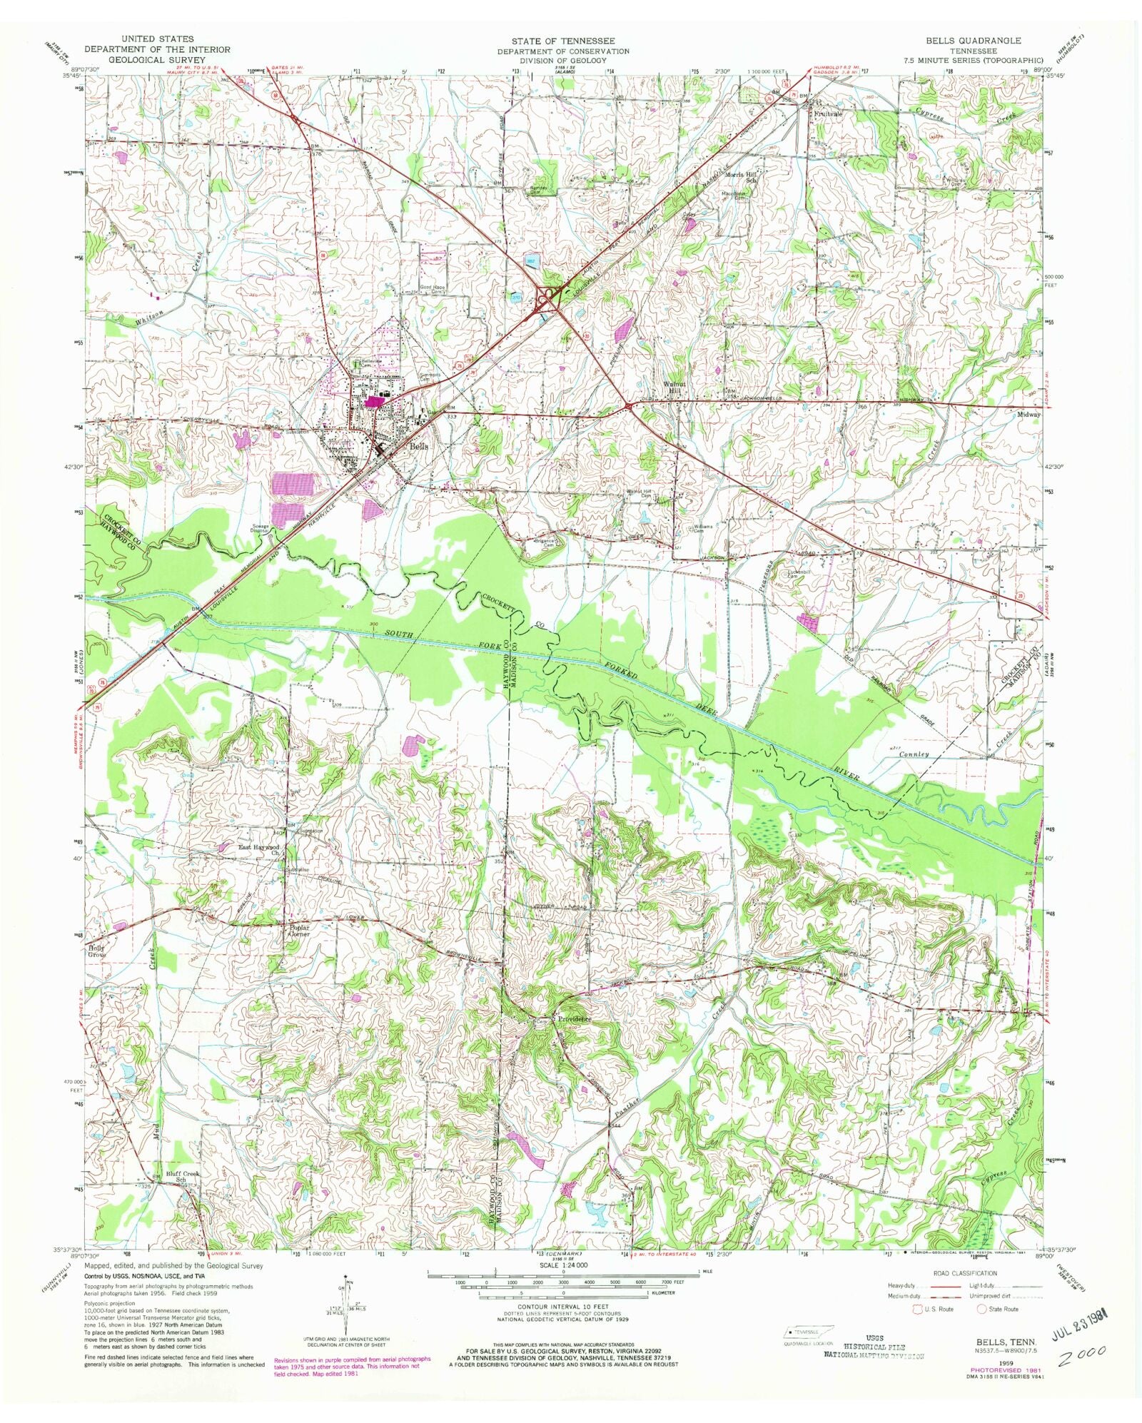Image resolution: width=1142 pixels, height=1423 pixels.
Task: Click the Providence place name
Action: (576, 1020)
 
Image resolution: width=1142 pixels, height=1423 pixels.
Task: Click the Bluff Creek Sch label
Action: (183, 1195)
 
